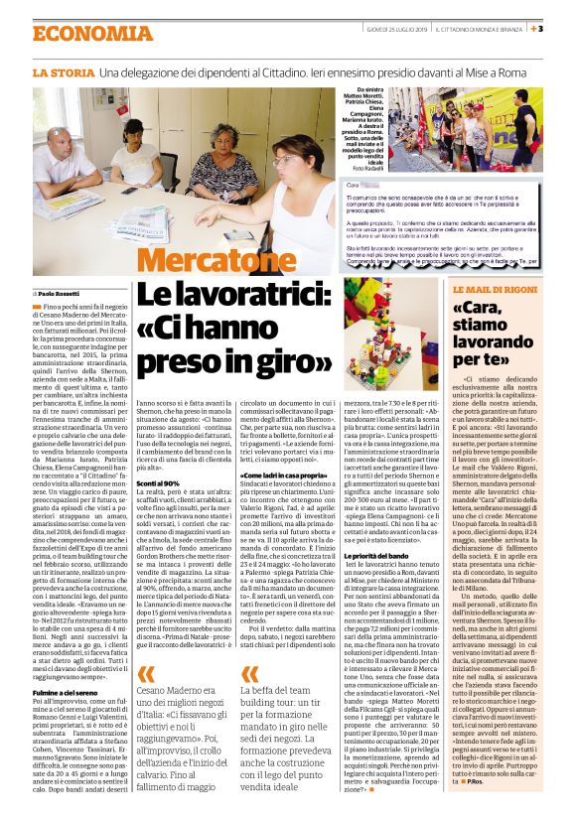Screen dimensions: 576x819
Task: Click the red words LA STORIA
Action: coord(62,73)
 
